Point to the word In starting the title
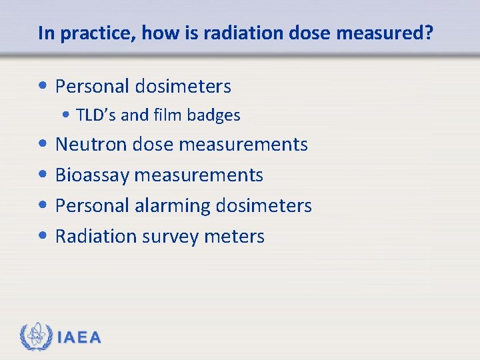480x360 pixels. (x=45, y=33)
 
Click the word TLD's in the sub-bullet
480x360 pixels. (x=97, y=115)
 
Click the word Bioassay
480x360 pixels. (x=92, y=175)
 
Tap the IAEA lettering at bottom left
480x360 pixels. (x=79, y=338)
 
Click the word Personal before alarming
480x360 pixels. (x=92, y=206)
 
